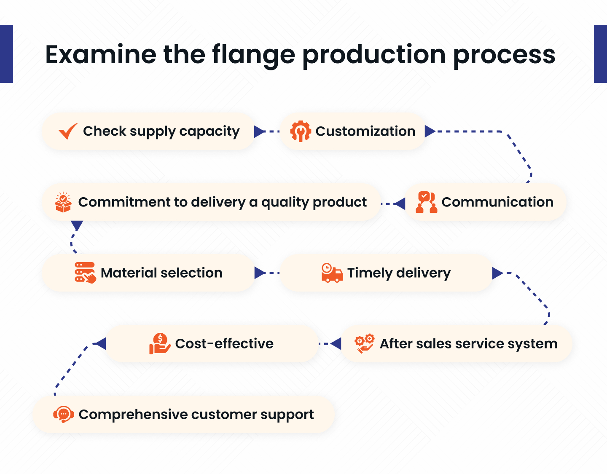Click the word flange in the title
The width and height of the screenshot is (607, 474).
click(253, 55)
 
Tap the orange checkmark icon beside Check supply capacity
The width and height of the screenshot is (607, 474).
click(68, 131)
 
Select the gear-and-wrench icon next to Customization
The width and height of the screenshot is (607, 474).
click(301, 131)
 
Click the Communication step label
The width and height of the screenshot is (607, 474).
click(497, 202)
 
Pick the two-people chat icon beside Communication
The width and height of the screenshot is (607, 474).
click(426, 202)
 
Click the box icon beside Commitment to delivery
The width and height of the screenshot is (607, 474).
click(63, 202)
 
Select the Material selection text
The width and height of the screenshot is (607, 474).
click(161, 273)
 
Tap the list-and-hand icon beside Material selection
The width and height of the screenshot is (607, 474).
click(85, 273)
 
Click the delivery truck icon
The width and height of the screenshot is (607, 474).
click(332, 273)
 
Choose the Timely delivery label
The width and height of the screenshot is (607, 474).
click(399, 273)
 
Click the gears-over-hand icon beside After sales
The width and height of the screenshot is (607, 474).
click(365, 343)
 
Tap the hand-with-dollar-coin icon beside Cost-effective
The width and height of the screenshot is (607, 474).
click(159, 343)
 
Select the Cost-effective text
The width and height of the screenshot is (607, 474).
click(224, 344)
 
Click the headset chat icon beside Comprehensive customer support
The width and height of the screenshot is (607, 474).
click(64, 414)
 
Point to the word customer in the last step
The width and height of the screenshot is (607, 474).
click(224, 415)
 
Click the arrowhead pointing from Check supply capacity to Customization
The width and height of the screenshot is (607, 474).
click(259, 132)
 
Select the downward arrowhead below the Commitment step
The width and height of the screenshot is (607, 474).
click(77, 226)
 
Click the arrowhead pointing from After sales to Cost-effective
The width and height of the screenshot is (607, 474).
click(336, 344)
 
